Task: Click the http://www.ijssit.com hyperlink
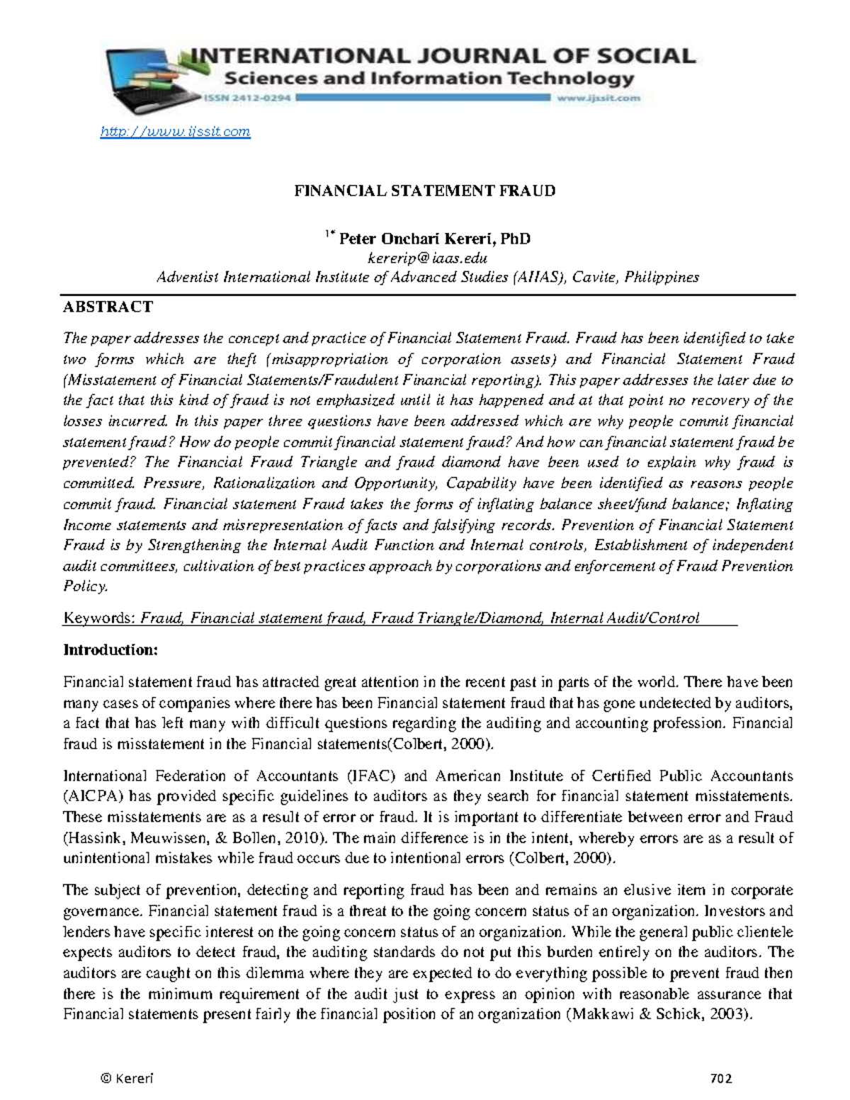(x=175, y=132)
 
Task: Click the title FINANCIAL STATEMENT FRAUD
(x=425, y=191)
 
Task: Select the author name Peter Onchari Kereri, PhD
(x=434, y=239)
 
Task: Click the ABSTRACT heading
(x=108, y=307)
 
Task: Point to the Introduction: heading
(x=110, y=650)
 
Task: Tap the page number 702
(x=720, y=1079)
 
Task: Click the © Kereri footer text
(x=127, y=1079)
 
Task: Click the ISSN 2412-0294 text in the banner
(x=248, y=98)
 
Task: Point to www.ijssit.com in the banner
(x=598, y=98)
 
